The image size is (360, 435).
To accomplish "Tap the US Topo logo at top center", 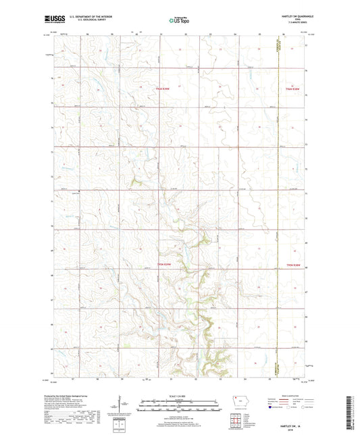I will coord(180,20).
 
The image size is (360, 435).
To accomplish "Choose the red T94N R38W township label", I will coord(292,265).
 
